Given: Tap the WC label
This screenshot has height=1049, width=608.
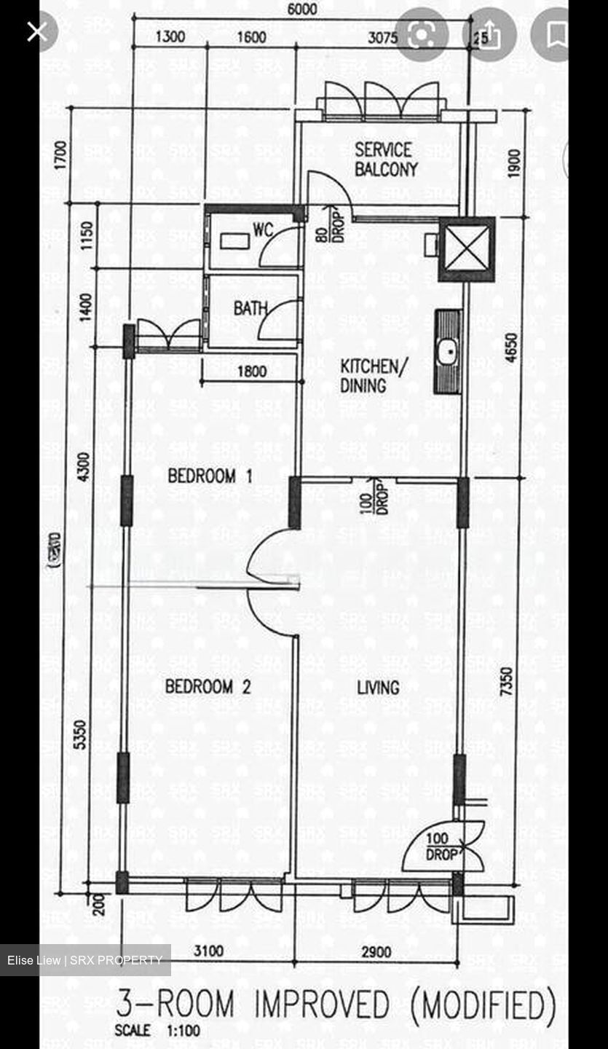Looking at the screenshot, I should pyautogui.click(x=262, y=230).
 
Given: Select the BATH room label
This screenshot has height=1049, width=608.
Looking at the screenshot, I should pyautogui.click(x=250, y=308).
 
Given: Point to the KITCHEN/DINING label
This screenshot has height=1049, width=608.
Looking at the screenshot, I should pyautogui.click(x=369, y=376).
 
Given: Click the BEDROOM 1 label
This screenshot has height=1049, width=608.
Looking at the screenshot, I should pyautogui.click(x=210, y=476).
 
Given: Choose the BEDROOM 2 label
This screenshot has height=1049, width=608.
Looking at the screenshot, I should pyautogui.click(x=208, y=686).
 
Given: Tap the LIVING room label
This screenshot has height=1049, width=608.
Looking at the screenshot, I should pyautogui.click(x=378, y=687).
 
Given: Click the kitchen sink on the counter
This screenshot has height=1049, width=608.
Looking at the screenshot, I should pyautogui.click(x=447, y=351).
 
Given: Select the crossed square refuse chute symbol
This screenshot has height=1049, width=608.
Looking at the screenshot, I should pyautogui.click(x=466, y=249).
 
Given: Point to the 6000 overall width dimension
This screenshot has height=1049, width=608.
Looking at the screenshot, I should pyautogui.click(x=302, y=9).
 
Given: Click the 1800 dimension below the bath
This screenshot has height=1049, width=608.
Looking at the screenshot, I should pyautogui.click(x=251, y=372).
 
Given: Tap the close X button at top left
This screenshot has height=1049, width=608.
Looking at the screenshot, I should pyautogui.click(x=37, y=31).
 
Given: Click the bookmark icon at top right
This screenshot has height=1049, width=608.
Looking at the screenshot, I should pyautogui.click(x=557, y=34).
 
